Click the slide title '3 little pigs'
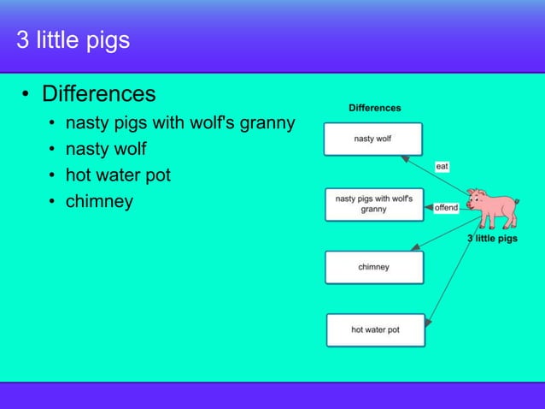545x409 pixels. tap(73, 40)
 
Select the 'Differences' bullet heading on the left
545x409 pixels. tap(99, 92)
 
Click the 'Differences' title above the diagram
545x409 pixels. tap(374, 108)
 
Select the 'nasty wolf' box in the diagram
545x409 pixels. tap(372, 139)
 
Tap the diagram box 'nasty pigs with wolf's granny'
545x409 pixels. tap(373, 204)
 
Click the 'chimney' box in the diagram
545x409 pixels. tap(373, 267)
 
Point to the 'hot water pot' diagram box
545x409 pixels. tap(375, 330)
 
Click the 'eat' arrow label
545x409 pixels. tap(442, 166)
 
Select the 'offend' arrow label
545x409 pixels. tap(446, 208)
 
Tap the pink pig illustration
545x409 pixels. tap(494, 208)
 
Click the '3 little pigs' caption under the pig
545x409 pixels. tap(491, 239)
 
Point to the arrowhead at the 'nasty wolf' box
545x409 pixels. tap(407, 157)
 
